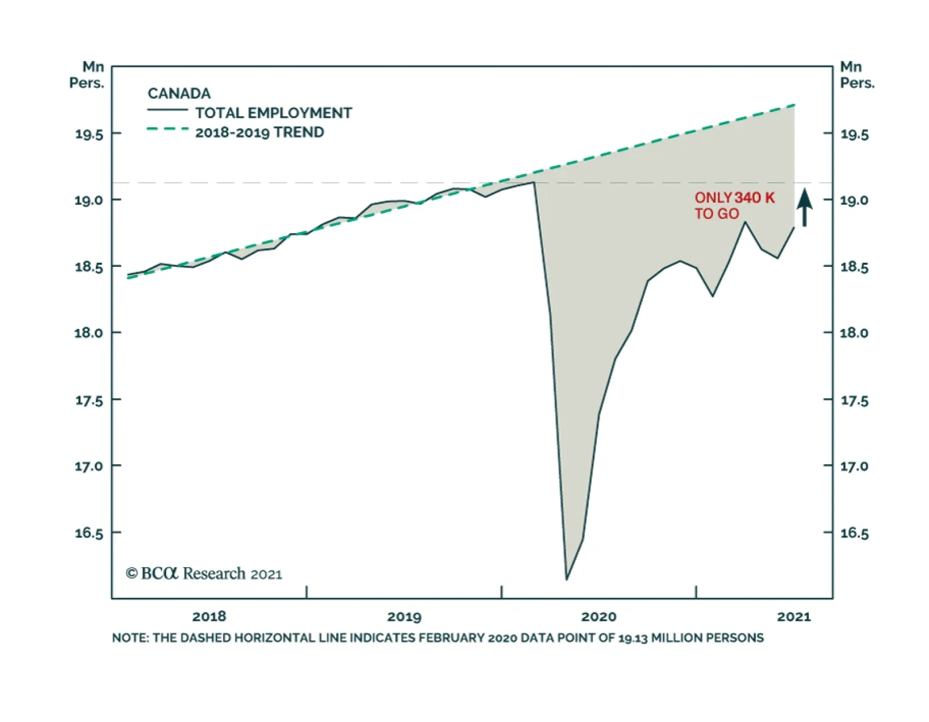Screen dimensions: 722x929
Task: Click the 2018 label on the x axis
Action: coord(209,616)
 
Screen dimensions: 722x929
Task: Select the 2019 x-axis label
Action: coord(404,616)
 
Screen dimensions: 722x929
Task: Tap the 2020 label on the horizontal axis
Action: coord(599,616)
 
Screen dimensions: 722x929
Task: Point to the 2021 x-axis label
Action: coord(794,616)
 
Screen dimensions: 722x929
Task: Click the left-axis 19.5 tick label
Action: coord(89,135)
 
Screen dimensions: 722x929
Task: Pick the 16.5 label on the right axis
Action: coord(855,533)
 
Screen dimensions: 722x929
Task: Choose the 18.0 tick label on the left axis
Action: coord(89,333)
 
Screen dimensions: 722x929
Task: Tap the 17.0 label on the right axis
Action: coord(855,466)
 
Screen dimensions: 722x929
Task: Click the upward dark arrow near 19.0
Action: coord(804,207)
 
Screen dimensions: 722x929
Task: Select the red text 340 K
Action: coord(754,198)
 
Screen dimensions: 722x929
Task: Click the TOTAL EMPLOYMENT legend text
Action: coord(273,113)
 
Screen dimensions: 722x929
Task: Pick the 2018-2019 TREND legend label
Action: coord(260,132)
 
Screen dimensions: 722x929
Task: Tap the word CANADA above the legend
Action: coord(179,93)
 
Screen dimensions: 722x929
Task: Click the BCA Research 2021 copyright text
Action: coord(204,573)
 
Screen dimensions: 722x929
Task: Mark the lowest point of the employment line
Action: coord(567,579)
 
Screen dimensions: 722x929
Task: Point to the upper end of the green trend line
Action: coord(794,105)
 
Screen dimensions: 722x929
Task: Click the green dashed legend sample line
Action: coord(167,129)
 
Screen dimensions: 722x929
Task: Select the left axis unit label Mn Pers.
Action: coord(87,75)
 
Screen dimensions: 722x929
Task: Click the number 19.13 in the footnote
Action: coord(632,638)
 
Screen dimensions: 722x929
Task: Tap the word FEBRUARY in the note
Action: coord(452,638)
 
